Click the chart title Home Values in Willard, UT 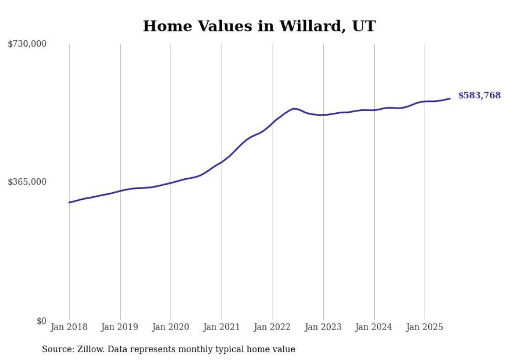[259, 26]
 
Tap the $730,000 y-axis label [27, 44]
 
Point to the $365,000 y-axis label [27, 182]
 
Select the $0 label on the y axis [41, 321]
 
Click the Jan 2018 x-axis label [69, 327]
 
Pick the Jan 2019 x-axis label [120, 327]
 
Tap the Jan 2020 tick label [171, 327]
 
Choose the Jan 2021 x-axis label [222, 327]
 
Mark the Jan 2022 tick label [273, 327]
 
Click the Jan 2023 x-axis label [323, 327]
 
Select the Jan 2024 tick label [374, 327]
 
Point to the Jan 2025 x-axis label [425, 327]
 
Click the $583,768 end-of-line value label [479, 95]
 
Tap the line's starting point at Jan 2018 [70, 202]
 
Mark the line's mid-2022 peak [294, 109]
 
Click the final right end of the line [450, 98]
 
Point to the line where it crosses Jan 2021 [222, 162]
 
